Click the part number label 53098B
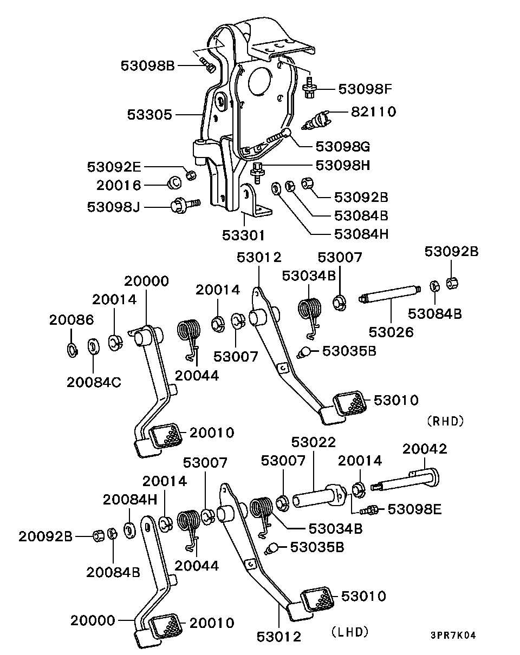click(x=147, y=65)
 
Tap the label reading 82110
click(x=373, y=112)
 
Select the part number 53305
click(x=150, y=114)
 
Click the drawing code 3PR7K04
click(x=453, y=635)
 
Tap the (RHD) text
click(x=445, y=421)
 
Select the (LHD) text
click(x=349, y=631)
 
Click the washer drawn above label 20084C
click(x=93, y=345)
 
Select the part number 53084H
click(x=361, y=234)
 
